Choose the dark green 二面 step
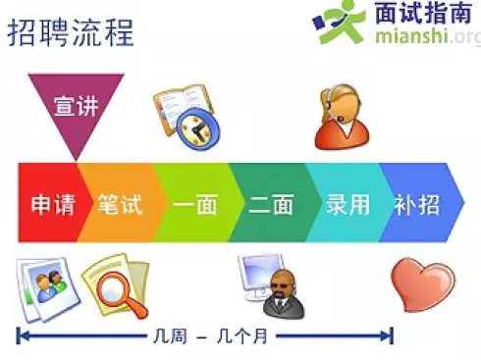(x=271, y=204)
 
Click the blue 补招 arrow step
(x=417, y=204)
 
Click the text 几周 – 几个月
(x=203, y=335)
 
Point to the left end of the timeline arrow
(x=20, y=335)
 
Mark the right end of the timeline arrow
(x=392, y=335)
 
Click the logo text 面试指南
(x=424, y=15)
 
